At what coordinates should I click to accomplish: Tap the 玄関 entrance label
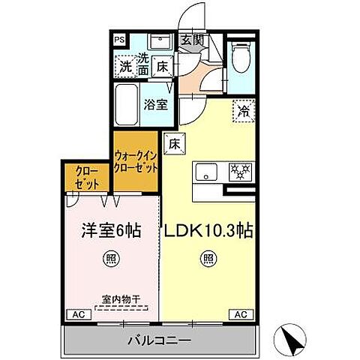pyautogui.click(x=190, y=40)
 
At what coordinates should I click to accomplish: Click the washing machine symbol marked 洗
pyautogui.click(x=126, y=67)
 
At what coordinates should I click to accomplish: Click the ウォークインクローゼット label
pyautogui.click(x=136, y=163)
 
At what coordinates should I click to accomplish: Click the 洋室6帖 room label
pyautogui.click(x=112, y=229)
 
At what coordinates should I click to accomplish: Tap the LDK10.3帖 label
pyautogui.click(x=208, y=229)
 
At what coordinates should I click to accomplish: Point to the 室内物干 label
pyautogui.click(x=121, y=296)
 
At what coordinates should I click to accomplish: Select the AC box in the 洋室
pyautogui.click(x=77, y=314)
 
